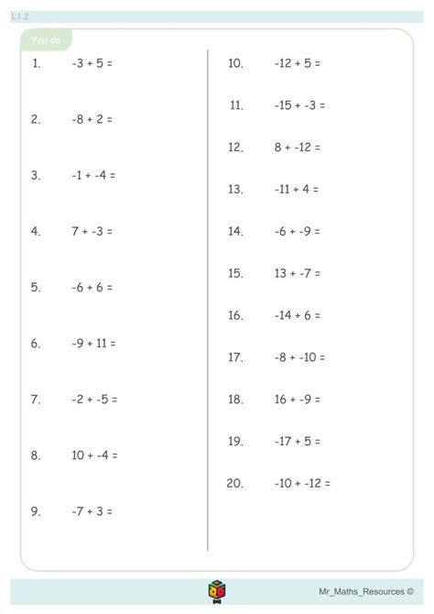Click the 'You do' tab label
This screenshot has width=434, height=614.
[x=45, y=41]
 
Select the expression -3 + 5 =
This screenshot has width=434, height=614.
[x=92, y=63]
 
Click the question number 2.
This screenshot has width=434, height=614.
[x=36, y=119]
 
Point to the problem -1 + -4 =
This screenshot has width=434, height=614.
[x=93, y=175]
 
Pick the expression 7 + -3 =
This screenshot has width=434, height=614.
[x=92, y=231]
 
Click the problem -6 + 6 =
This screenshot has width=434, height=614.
[x=92, y=287]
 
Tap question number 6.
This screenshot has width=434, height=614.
[x=36, y=344]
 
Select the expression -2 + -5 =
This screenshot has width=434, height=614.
[x=94, y=400]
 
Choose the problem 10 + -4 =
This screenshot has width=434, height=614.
[x=94, y=455]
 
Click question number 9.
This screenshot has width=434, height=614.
[x=36, y=511]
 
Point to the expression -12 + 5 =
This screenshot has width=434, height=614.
[x=297, y=63]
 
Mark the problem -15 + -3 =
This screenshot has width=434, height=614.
[x=298, y=105]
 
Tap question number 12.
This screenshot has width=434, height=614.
[x=235, y=147]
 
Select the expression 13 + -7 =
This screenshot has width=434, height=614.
[x=298, y=273]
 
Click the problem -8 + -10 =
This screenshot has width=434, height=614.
[x=299, y=357]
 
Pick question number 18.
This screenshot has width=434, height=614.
[x=235, y=400]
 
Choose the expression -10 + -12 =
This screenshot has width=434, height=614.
[x=302, y=483]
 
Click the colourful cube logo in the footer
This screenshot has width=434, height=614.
[x=217, y=593]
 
